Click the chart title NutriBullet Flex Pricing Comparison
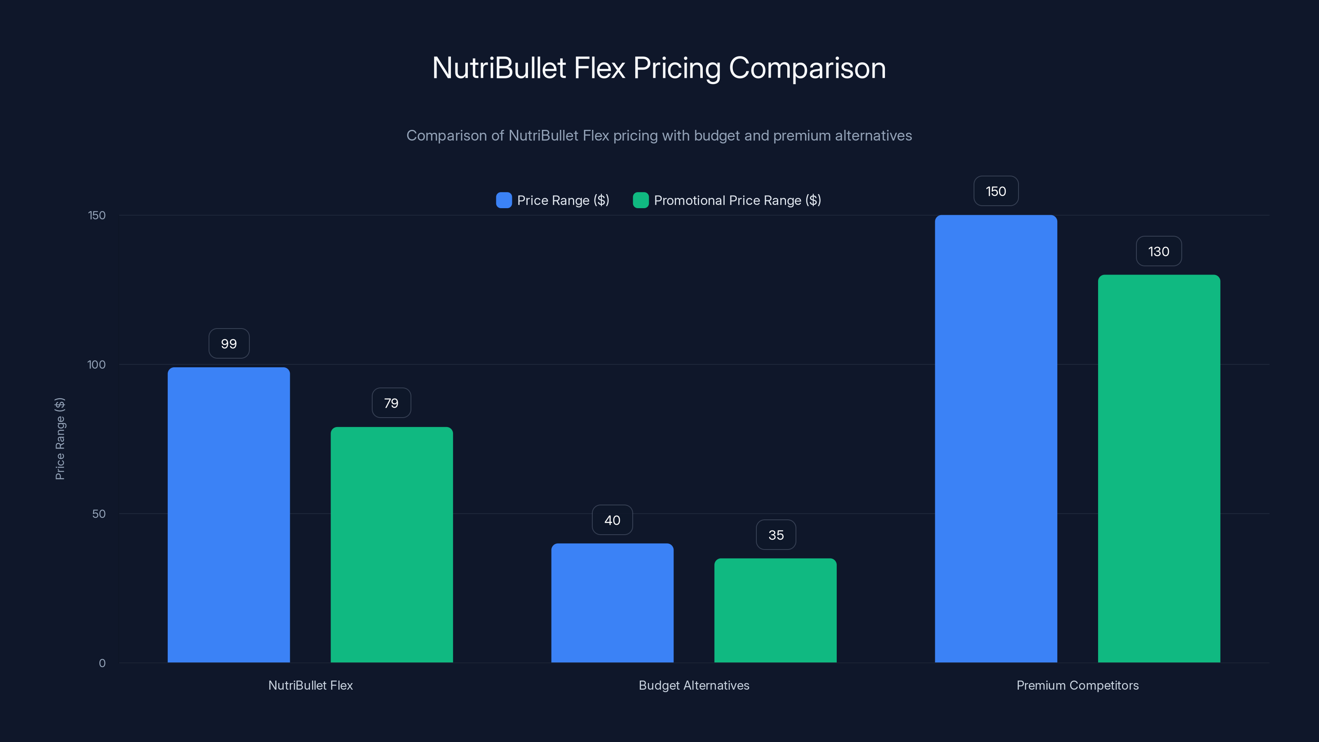(659, 68)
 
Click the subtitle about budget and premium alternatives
(659, 136)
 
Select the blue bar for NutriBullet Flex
(228, 514)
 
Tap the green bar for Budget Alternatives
(775, 611)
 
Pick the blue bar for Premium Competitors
(995, 439)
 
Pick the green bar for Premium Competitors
(1159, 469)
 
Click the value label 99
(229, 344)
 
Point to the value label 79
(391, 403)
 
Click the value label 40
(613, 520)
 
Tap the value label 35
(776, 535)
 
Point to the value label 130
(1159, 251)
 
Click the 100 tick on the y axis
(96, 364)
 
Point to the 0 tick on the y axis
(102, 663)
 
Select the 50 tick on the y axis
(99, 514)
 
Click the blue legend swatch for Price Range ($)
(504, 200)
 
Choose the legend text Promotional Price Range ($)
(737, 200)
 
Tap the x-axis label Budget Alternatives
(694, 685)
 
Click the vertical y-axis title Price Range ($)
(60, 439)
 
